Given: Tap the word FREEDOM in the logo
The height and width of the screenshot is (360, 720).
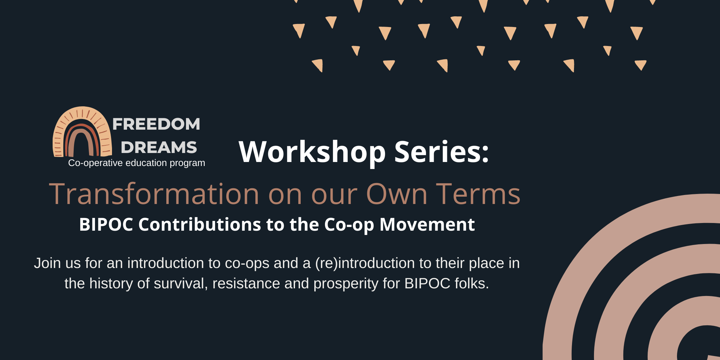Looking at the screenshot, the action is [156, 124].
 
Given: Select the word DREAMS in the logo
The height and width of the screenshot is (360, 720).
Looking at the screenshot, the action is [159, 147].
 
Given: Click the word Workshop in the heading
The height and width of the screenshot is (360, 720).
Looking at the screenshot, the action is [312, 152].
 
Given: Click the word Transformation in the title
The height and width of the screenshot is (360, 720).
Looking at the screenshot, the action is [154, 194].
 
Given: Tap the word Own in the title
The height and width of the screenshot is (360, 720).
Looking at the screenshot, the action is [397, 194].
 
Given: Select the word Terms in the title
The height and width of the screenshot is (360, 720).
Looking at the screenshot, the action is [478, 194].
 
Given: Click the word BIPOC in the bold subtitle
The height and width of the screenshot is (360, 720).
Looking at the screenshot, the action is [106, 224].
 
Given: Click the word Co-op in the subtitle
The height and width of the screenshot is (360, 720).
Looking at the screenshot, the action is [349, 225].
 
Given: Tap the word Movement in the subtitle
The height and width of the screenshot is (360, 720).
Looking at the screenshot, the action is [427, 224].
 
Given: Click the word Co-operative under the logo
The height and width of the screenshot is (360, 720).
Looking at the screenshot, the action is [96, 163].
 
